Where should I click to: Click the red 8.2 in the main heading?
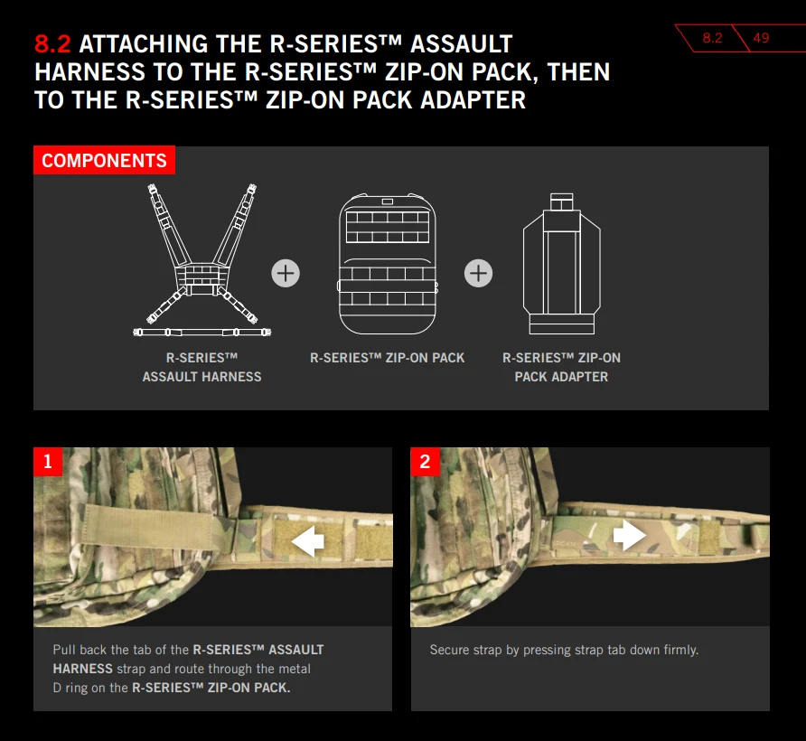(x=52, y=44)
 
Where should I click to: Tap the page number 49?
(x=761, y=38)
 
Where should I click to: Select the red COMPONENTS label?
(x=104, y=161)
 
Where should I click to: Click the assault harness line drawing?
(x=202, y=260)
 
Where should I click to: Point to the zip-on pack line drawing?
(x=388, y=264)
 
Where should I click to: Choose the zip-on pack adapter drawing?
(x=561, y=264)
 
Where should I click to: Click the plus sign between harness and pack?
(x=286, y=273)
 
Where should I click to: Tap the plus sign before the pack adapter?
(x=478, y=273)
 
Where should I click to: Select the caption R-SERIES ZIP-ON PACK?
(x=387, y=358)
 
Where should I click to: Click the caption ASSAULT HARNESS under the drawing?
(x=202, y=377)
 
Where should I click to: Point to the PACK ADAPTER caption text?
(x=561, y=377)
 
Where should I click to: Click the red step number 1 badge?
(x=48, y=462)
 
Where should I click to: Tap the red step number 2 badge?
(x=425, y=462)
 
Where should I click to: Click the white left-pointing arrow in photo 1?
(x=307, y=541)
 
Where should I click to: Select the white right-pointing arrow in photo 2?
(x=630, y=535)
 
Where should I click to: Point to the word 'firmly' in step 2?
(x=681, y=650)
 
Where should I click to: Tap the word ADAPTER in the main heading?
(x=473, y=100)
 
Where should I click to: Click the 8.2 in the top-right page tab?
(x=712, y=38)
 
